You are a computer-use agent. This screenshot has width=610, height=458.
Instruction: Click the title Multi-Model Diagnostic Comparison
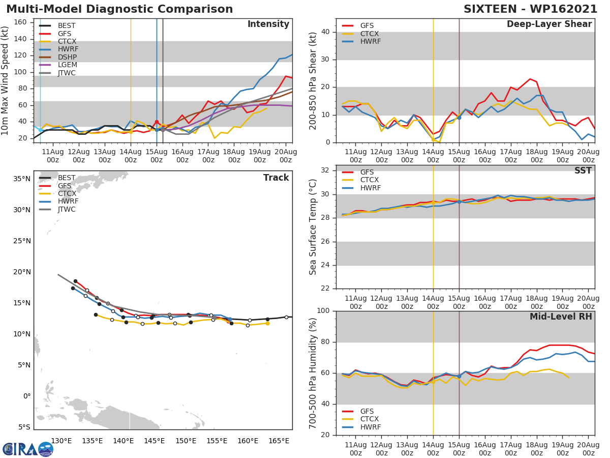pos(119,9)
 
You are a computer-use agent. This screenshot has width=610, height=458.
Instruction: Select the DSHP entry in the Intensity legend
pos(68,57)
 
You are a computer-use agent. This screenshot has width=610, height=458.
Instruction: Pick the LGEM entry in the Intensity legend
pos(68,65)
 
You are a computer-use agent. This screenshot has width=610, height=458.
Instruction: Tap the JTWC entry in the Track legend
pos(67,209)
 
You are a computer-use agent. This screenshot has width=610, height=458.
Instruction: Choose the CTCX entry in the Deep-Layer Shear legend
pos(370,34)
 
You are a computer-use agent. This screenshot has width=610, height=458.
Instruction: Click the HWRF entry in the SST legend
pos(370,188)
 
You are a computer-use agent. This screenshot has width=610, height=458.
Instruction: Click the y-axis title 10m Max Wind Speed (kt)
pos(6,80)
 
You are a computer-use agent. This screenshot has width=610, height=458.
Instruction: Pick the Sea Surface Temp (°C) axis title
pos(313,227)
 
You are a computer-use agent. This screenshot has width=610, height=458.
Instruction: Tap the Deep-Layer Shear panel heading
pos(549,24)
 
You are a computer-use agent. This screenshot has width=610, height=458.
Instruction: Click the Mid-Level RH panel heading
pos(561,317)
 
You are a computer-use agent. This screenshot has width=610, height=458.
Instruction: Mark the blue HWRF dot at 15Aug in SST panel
pos(459,202)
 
